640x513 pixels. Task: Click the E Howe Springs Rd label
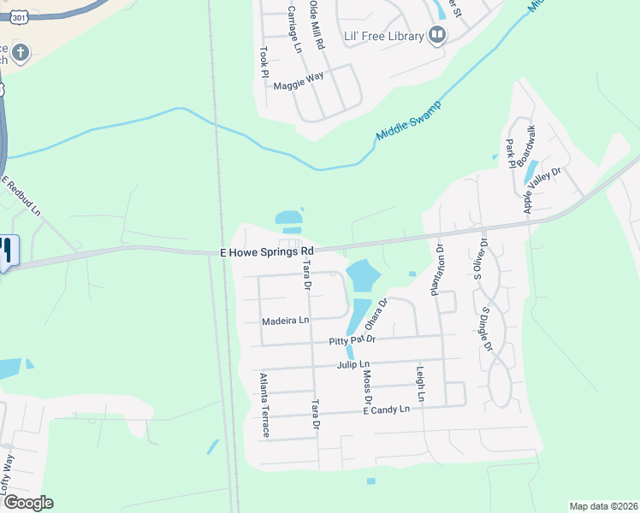coord(268,252)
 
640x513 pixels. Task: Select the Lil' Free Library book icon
coord(437,35)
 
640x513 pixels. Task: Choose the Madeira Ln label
coord(284,321)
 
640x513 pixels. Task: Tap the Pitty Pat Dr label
coord(353,340)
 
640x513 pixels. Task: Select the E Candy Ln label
coord(386,410)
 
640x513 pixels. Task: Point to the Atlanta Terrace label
coord(264,405)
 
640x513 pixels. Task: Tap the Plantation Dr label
coord(437,270)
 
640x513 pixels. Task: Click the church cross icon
coord(20,54)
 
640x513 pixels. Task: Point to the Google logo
coord(27,503)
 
